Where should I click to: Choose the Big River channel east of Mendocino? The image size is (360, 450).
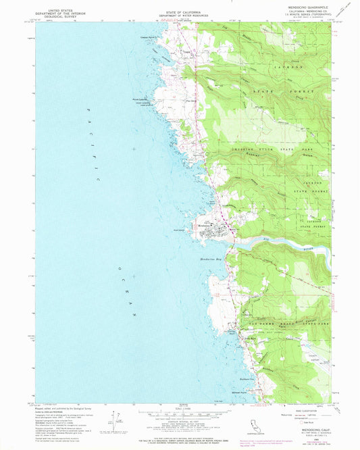pos(284,242)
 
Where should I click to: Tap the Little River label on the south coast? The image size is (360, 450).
pos(232,341)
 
